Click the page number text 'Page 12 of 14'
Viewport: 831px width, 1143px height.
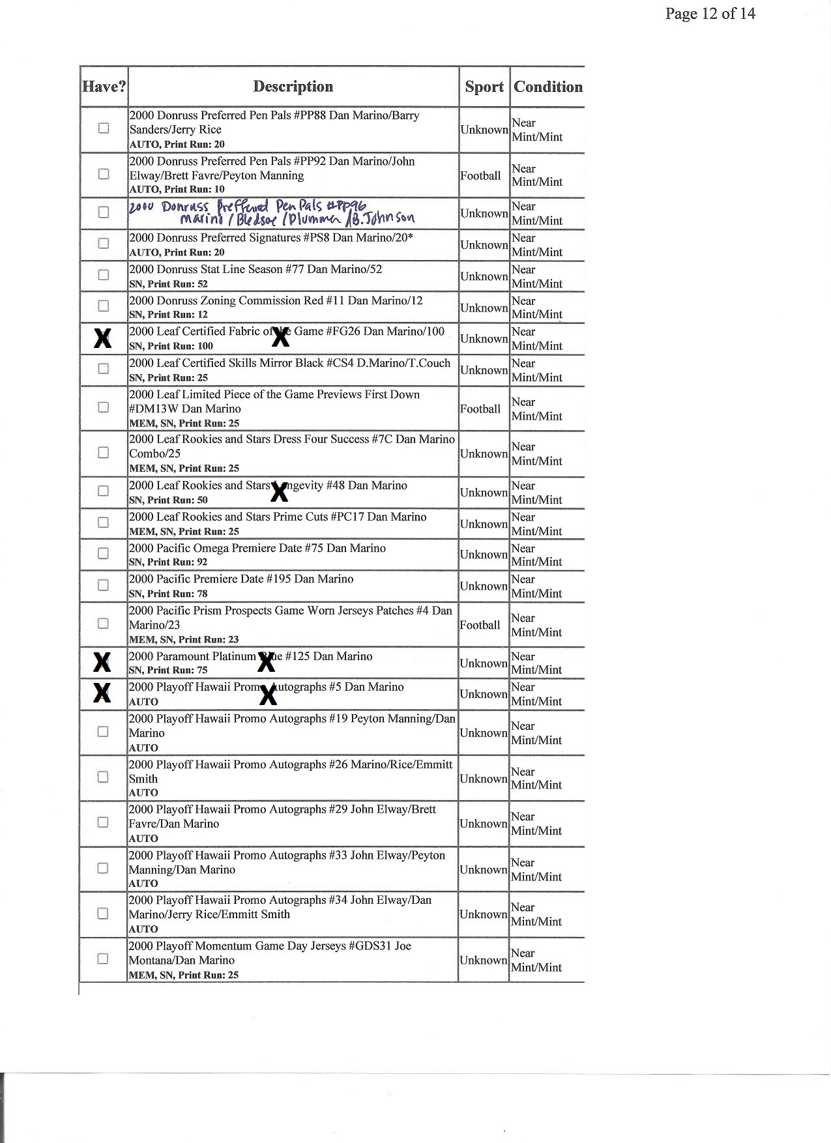point(710,14)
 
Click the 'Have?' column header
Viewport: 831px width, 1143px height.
point(104,87)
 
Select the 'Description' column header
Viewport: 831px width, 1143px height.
point(293,87)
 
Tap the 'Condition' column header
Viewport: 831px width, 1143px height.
point(547,87)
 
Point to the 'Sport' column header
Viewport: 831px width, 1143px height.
point(484,87)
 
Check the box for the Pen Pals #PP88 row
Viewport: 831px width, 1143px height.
point(103,128)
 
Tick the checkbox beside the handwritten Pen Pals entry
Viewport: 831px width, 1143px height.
point(103,212)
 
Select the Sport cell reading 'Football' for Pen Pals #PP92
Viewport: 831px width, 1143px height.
point(481,175)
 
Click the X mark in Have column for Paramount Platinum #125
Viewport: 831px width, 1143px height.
point(102,662)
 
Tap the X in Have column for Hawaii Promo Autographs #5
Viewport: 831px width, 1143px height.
point(102,693)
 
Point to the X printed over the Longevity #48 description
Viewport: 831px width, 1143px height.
point(279,493)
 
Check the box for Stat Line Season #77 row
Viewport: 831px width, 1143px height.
point(103,275)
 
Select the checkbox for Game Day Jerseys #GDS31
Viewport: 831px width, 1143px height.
point(102,959)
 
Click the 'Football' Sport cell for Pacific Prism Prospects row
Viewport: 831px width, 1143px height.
point(480,625)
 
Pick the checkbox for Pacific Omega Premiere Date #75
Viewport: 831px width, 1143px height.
point(103,554)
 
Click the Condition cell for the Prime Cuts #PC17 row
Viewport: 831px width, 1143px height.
point(536,524)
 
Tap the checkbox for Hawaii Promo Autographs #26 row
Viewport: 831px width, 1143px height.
point(102,777)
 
